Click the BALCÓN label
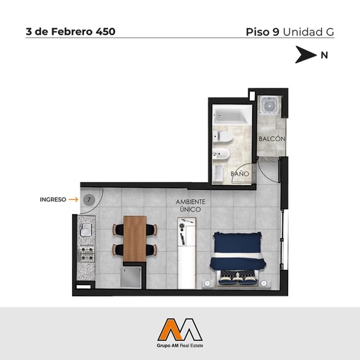[272, 138]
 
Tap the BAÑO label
[239, 174]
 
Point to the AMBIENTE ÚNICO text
[191, 205]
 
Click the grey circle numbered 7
[89, 200]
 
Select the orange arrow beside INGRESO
[73, 200]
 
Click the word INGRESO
[53, 200]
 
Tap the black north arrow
[306, 54]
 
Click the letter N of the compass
[324, 55]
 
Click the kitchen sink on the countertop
[86, 229]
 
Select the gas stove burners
[87, 253]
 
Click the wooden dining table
[135, 239]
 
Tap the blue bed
[237, 258]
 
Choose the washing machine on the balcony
[268, 106]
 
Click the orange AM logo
[180, 330]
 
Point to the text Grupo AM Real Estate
[180, 346]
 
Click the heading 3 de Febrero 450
[71, 32]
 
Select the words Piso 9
[263, 32]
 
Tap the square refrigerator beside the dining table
[131, 277]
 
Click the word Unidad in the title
[303, 32]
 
